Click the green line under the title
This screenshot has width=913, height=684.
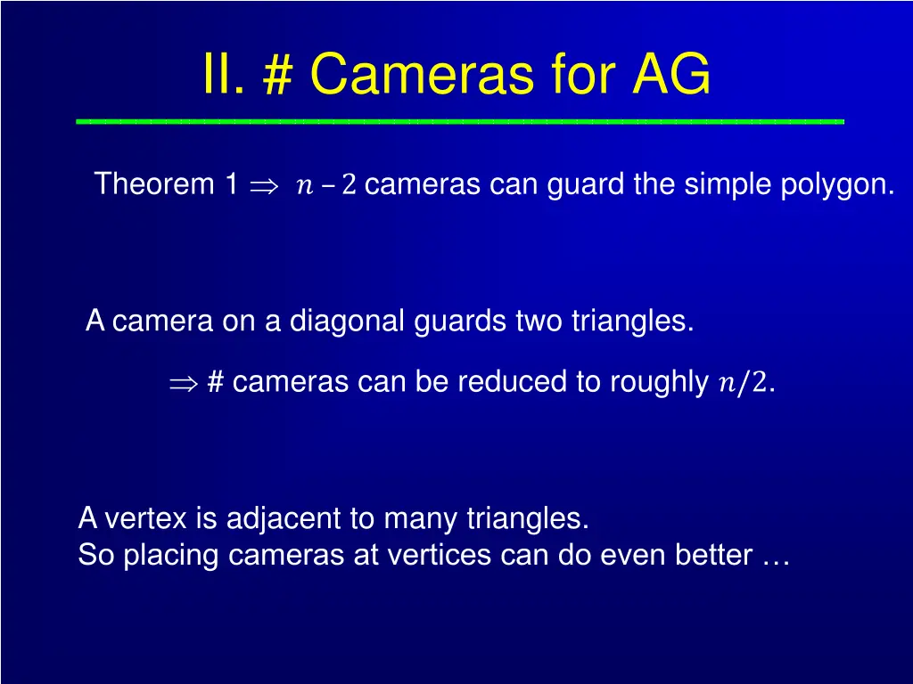click(460, 120)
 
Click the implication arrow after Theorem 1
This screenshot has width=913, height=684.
click(264, 186)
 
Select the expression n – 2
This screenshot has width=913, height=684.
click(326, 186)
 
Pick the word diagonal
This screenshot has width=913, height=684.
click(348, 321)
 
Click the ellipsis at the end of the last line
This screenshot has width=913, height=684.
click(777, 558)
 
